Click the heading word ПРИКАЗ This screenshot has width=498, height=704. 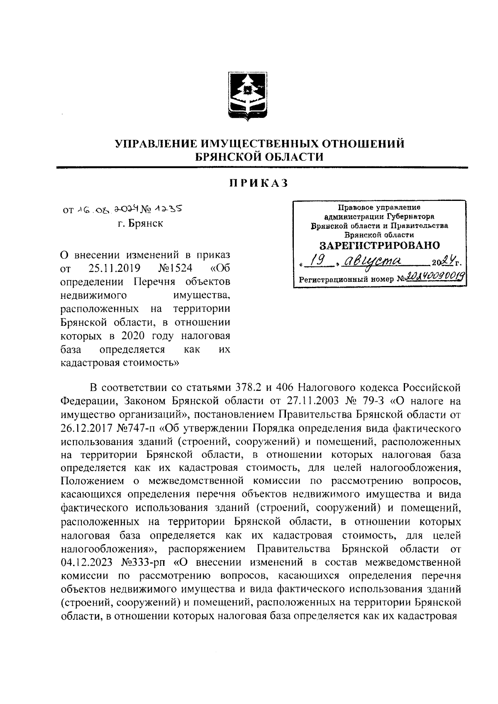click(259, 183)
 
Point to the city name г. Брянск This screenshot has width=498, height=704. click(140, 223)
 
